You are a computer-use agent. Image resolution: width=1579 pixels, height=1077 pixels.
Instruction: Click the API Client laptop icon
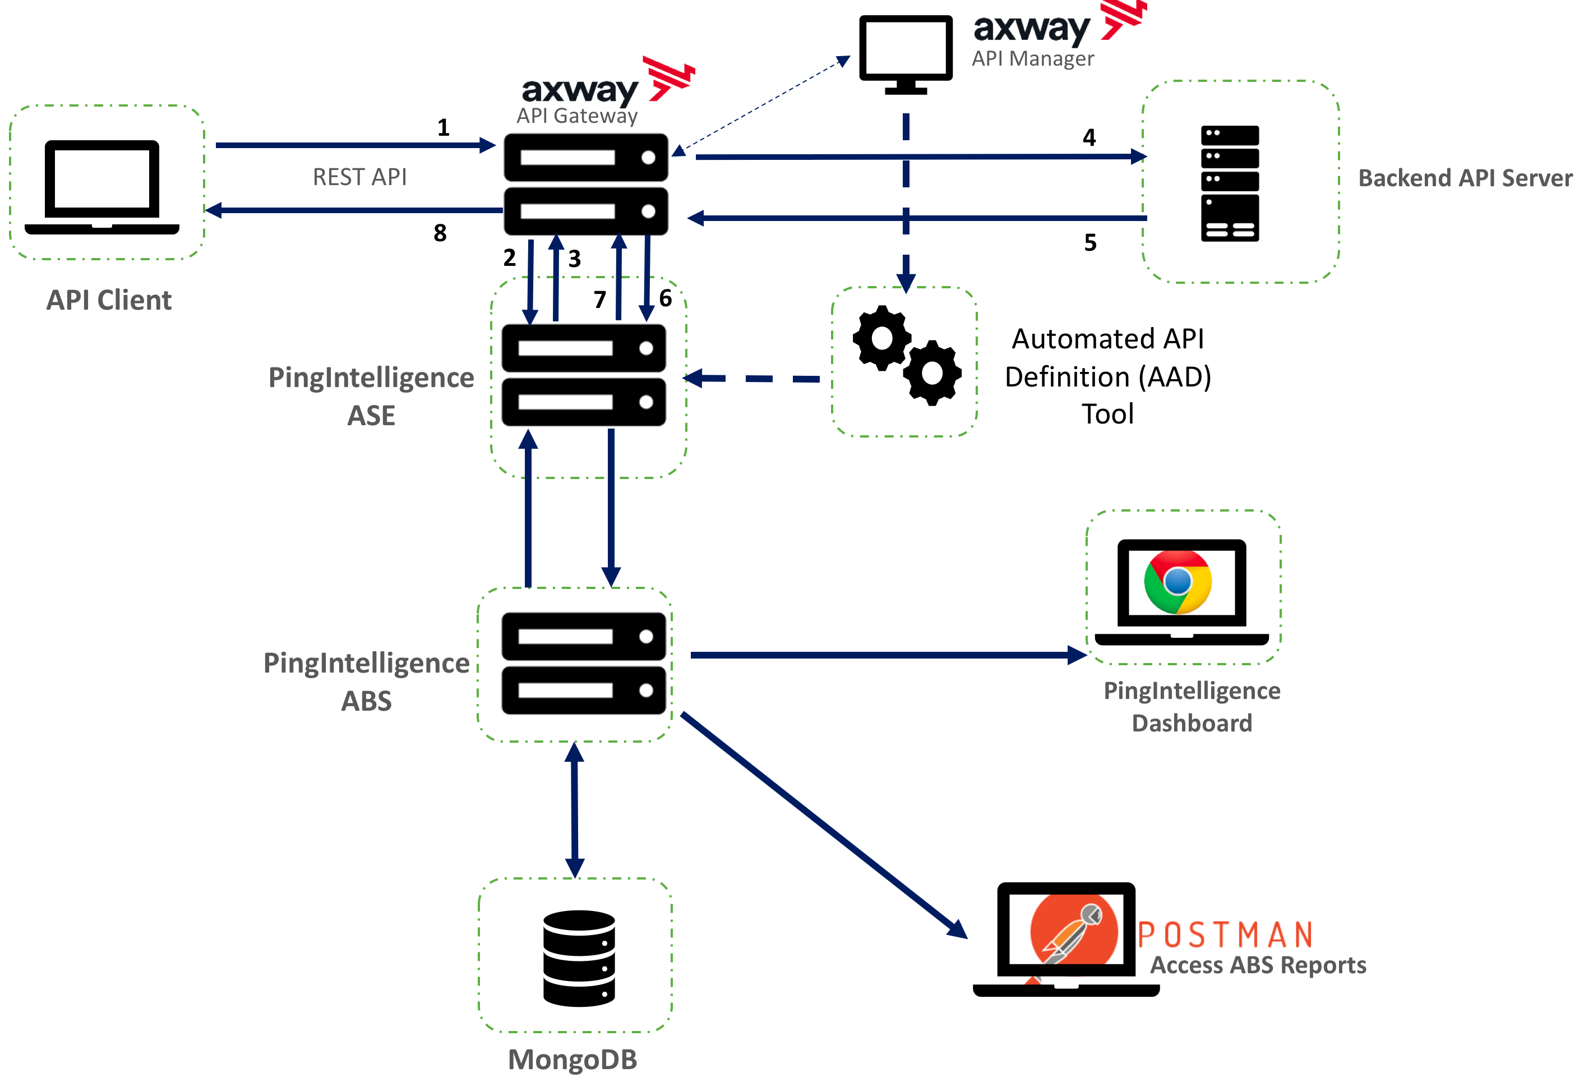(102, 187)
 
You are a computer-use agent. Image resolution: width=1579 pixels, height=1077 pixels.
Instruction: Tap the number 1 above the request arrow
(443, 127)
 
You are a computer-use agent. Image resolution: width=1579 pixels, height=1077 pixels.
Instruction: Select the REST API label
(359, 177)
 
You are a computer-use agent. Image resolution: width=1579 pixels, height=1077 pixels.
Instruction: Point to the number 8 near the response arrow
(440, 233)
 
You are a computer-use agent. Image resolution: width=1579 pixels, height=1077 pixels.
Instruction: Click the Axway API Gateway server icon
(585, 184)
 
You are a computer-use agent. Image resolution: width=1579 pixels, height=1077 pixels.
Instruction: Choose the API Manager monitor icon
(906, 53)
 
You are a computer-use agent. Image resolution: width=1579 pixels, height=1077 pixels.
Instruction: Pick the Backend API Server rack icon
(1230, 183)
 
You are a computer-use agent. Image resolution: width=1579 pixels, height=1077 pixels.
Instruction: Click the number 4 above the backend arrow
(1089, 137)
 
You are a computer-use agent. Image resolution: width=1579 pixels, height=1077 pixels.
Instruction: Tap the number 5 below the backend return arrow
(1091, 242)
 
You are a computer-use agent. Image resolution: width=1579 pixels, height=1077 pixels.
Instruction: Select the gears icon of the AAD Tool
(906, 355)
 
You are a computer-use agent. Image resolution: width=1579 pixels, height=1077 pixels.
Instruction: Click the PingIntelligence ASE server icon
(584, 375)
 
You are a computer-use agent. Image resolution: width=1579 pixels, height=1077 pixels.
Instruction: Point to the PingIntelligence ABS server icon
(584, 663)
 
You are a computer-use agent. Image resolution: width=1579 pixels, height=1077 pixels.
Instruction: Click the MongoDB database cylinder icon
(579, 958)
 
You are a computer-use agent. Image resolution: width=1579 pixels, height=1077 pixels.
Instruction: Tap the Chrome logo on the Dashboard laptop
(1178, 582)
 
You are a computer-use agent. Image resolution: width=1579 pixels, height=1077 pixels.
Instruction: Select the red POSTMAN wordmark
(1226, 935)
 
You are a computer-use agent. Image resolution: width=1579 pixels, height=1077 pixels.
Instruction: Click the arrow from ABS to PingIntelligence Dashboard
(883, 655)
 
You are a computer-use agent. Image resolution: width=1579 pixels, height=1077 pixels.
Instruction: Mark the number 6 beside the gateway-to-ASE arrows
(665, 298)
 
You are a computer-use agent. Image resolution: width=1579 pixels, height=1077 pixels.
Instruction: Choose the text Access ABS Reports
(1258, 965)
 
